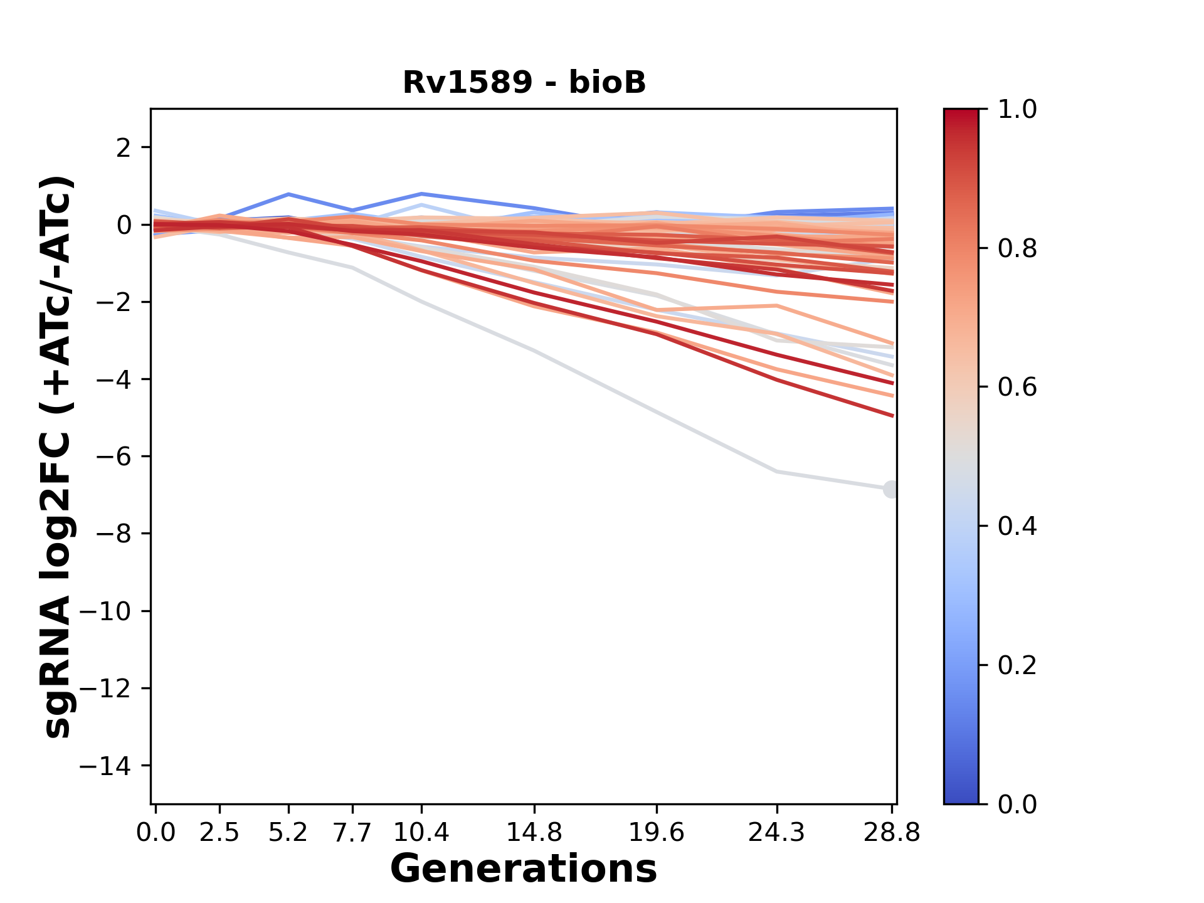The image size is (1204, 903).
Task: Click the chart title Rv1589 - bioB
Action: [x=524, y=83]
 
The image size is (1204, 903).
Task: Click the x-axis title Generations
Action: [x=524, y=869]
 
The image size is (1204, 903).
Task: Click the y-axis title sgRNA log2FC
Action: [x=58, y=457]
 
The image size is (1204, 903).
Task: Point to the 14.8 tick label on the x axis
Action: [x=534, y=832]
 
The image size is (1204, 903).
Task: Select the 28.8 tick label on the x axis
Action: [x=892, y=832]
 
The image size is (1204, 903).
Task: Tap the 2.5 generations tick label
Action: [x=219, y=832]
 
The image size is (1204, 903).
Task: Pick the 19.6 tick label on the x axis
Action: [x=656, y=832]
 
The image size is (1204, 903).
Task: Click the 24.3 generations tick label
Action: [x=776, y=832]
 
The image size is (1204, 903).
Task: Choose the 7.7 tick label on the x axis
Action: [x=353, y=832]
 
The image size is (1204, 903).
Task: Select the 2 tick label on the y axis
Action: [x=124, y=147]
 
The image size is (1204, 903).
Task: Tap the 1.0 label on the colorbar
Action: [x=1017, y=110]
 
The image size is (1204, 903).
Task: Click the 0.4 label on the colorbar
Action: [x=1017, y=526]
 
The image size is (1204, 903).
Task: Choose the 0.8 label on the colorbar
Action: [x=1017, y=249]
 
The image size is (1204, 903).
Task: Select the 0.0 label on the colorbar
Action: [x=1017, y=804]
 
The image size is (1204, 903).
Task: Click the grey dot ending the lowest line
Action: [x=890, y=489]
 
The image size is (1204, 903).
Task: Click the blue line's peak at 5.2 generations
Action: [x=288, y=194]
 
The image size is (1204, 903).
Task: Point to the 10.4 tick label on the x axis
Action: [x=421, y=832]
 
